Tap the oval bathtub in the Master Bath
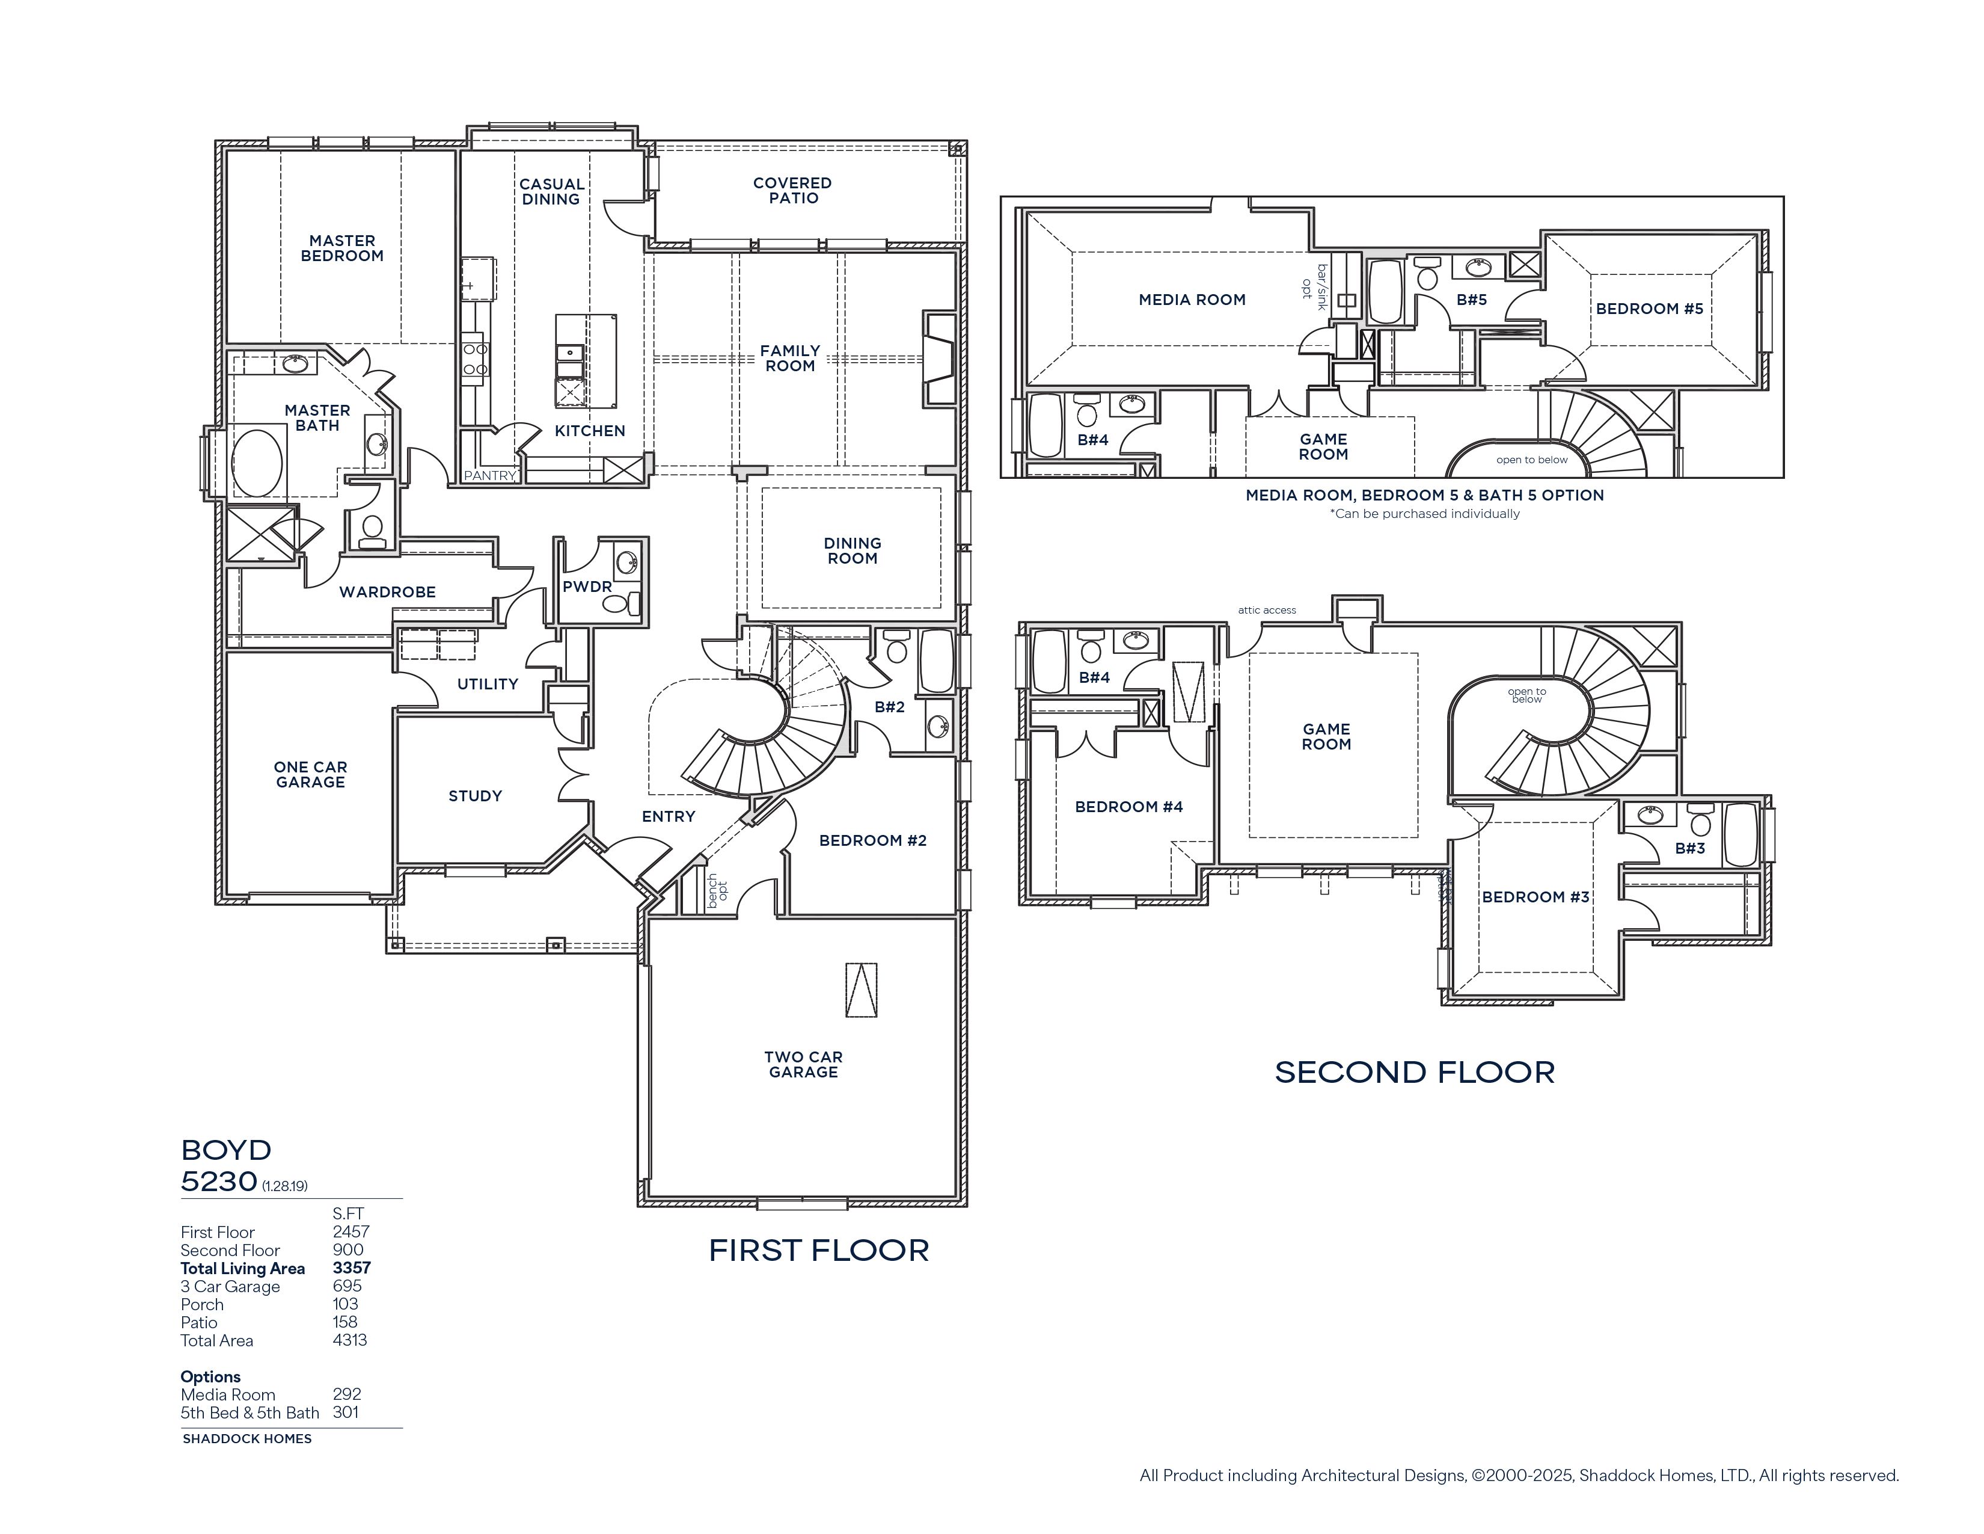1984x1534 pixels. (x=257, y=463)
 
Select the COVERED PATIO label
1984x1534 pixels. (x=792, y=191)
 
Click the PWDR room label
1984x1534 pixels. (x=587, y=586)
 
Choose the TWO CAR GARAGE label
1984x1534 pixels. (x=803, y=1064)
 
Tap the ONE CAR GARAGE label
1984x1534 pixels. (x=311, y=774)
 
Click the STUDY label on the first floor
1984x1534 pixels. (x=475, y=796)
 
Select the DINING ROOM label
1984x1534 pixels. (x=852, y=550)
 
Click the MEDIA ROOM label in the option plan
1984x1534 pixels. (x=1192, y=300)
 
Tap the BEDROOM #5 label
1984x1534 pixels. (x=1650, y=309)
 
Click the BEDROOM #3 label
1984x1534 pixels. (x=1536, y=897)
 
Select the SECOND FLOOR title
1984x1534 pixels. (x=1415, y=1073)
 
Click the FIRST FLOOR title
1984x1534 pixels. (x=818, y=1251)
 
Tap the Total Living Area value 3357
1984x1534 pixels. (x=352, y=1268)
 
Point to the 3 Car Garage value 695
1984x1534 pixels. (x=347, y=1286)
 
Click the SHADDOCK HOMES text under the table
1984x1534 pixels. (x=247, y=1438)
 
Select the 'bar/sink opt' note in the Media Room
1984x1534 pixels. (x=1314, y=287)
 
